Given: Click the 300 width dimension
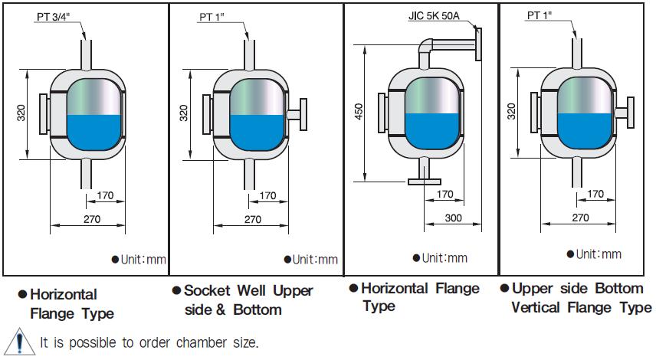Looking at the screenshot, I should tap(454, 218).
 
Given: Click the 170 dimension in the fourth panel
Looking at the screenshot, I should tap(594, 195).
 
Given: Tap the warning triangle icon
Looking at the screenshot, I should tap(15, 342).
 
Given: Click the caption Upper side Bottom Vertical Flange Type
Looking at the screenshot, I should tap(576, 298).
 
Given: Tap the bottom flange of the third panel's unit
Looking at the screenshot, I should tap(421, 182).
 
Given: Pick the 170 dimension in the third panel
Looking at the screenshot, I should tap(445, 195).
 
